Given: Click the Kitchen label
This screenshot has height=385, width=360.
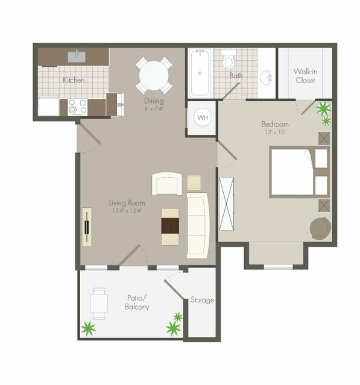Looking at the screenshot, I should tap(74, 80).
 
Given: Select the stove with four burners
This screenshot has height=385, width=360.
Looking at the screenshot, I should tap(77, 107).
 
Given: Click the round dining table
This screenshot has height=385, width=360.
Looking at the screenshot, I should tap(153, 75).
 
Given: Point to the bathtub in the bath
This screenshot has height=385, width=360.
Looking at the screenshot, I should tap(200, 74).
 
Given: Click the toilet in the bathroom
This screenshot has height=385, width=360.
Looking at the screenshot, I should tap(229, 61).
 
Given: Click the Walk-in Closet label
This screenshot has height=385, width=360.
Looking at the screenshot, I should tap(305, 75).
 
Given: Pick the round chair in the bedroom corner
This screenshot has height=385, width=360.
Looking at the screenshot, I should tap(320, 228).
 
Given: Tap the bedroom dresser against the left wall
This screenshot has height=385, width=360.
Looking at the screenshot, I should tap(226, 204).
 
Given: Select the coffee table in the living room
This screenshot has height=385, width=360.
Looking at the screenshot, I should tap(170, 226).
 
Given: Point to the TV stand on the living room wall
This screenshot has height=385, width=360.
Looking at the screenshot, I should tap(87, 227).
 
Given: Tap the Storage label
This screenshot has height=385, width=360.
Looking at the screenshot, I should tap(202, 299).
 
